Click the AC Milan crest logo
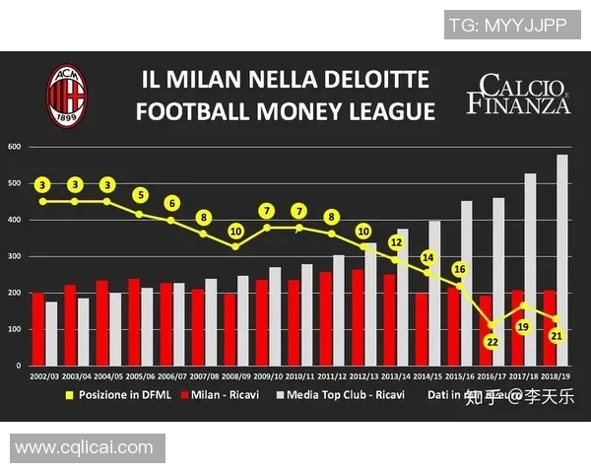tap(67, 95)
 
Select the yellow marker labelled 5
tap(140, 195)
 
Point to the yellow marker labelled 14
tap(427, 258)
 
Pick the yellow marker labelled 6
tap(171, 203)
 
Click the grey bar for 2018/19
tap(562, 260)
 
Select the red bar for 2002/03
tap(37, 329)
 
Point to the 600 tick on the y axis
tap(15, 147)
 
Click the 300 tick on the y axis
tap(15, 256)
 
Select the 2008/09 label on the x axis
tap(236, 376)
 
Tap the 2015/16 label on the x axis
tap(460, 376)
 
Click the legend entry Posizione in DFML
tap(113, 396)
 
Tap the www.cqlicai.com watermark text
tap(83, 447)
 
